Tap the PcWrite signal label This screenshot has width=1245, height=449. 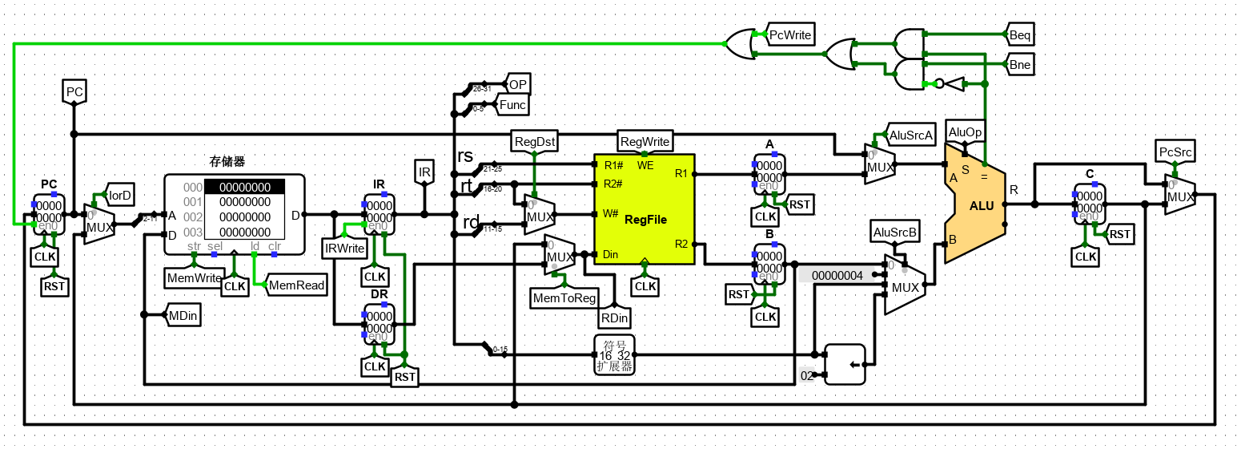tap(790, 35)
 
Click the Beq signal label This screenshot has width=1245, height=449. tap(1021, 35)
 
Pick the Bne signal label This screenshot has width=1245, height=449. tap(1021, 65)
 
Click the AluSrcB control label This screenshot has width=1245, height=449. tap(894, 232)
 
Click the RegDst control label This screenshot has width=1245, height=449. tap(535, 141)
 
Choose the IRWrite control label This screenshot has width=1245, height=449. tap(344, 249)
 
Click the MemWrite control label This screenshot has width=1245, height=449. tap(193, 278)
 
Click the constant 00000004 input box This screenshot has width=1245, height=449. tap(837, 275)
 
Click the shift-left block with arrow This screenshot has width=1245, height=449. tap(845, 365)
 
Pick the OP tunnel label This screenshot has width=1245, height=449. tap(518, 84)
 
